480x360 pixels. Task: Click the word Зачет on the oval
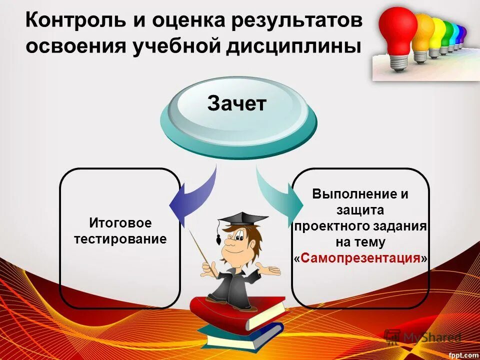click(x=237, y=104)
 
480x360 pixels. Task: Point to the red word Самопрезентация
click(x=360, y=258)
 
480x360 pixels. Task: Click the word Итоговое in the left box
click(x=120, y=222)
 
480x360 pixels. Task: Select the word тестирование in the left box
click(x=120, y=239)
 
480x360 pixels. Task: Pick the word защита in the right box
click(x=360, y=210)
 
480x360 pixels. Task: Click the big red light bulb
click(x=397, y=30)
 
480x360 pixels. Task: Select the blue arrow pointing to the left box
click(x=192, y=200)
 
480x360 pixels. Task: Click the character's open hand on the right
click(x=272, y=270)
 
